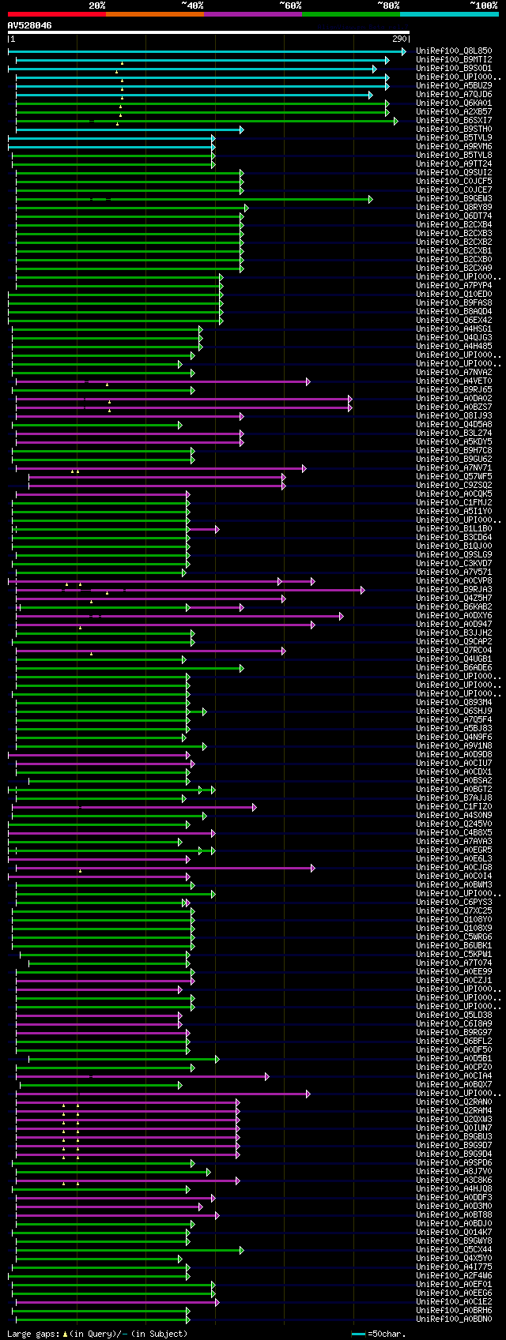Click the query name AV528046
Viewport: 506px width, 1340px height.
[x=30, y=25]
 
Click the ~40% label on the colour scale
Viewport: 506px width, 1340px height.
[x=192, y=6]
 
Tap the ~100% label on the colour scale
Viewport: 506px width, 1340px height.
[x=483, y=6]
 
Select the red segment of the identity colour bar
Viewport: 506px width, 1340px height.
[x=56, y=14]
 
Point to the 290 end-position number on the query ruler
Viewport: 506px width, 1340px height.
[x=399, y=39]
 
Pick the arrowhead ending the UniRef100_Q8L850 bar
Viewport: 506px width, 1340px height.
[x=403, y=51]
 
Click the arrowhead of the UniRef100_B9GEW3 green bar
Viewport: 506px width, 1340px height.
[x=370, y=199]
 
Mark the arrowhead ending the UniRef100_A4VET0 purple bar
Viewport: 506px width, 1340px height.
[x=308, y=381]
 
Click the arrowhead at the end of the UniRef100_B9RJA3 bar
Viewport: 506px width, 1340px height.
[x=362, y=590]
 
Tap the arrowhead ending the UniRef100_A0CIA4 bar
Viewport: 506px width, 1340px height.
[x=266, y=1076]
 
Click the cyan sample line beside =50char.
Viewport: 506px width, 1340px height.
[x=358, y=1334]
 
